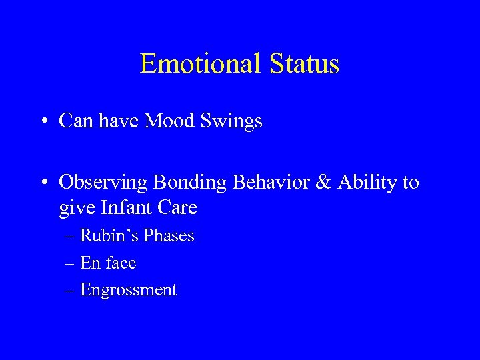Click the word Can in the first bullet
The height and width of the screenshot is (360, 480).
tap(75, 121)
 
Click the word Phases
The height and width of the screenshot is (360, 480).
tap(167, 236)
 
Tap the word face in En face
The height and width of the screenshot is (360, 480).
tap(120, 263)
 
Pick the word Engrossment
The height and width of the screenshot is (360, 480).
tap(129, 291)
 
